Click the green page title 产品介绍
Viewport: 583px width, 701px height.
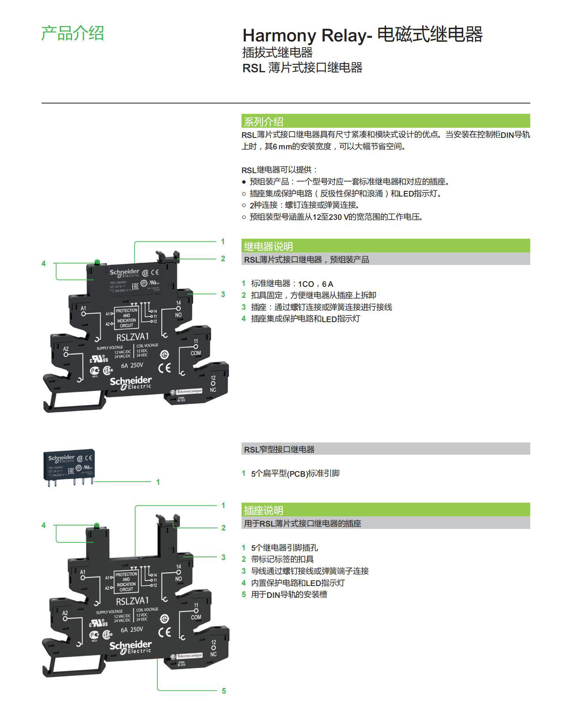pos(73,33)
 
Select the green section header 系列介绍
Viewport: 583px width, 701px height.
pos(264,122)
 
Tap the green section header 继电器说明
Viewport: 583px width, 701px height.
pos(268,246)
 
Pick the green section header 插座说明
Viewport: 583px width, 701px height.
pos(264,510)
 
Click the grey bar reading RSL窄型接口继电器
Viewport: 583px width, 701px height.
pos(279,449)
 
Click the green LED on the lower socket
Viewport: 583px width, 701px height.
pos(97,525)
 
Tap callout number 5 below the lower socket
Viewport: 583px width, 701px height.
pos(224,691)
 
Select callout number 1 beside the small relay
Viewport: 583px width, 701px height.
pos(158,482)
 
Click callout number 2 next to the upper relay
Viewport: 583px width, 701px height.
pos(223,259)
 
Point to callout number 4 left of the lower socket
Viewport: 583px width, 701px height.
pos(44,525)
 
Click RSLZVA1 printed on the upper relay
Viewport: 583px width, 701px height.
pos(133,337)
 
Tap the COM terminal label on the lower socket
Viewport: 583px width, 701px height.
pos(196,617)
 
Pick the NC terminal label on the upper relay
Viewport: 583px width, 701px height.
pos(213,390)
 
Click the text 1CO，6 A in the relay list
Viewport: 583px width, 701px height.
pos(316,284)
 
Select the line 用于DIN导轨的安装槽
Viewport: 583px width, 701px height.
pos(289,595)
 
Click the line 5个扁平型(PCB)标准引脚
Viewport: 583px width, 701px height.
pos(295,474)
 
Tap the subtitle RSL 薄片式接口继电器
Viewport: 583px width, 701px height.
pos(302,68)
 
